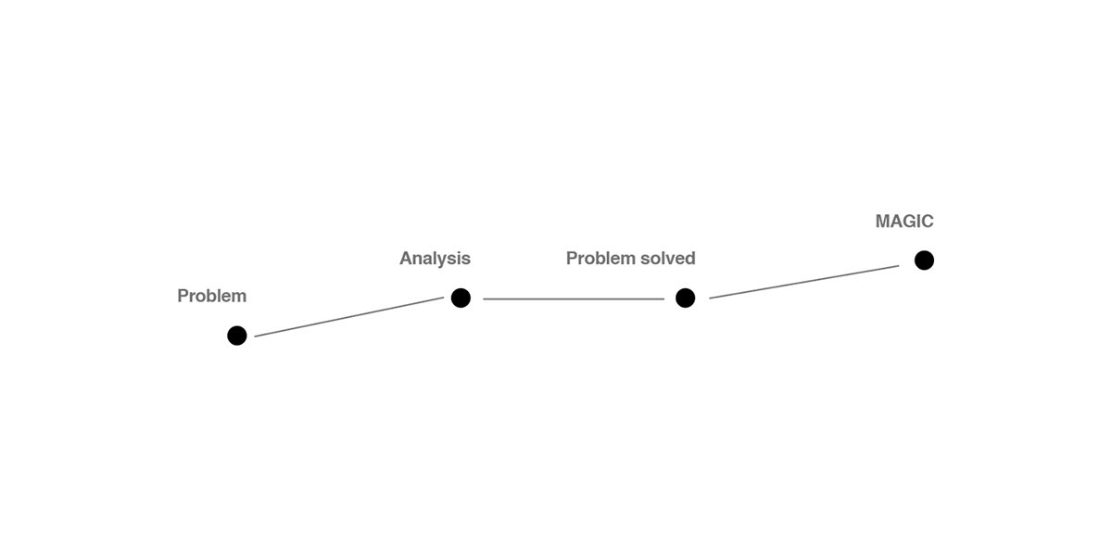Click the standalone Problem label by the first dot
coord(212,296)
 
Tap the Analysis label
coord(435,259)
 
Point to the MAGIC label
coord(904,222)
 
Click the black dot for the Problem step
coord(237,336)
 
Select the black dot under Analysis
coord(461,298)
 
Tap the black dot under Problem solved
coord(685,298)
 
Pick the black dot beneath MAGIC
coord(924,260)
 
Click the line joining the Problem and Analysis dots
coord(349,317)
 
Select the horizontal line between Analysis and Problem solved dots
coord(574,299)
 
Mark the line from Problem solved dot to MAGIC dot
coord(804,282)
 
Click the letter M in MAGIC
coord(883,222)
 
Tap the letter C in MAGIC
coord(928,222)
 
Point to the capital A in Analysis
coord(406,258)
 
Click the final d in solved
coord(690,258)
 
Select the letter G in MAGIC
coord(910,222)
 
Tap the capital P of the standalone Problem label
coord(183,296)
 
